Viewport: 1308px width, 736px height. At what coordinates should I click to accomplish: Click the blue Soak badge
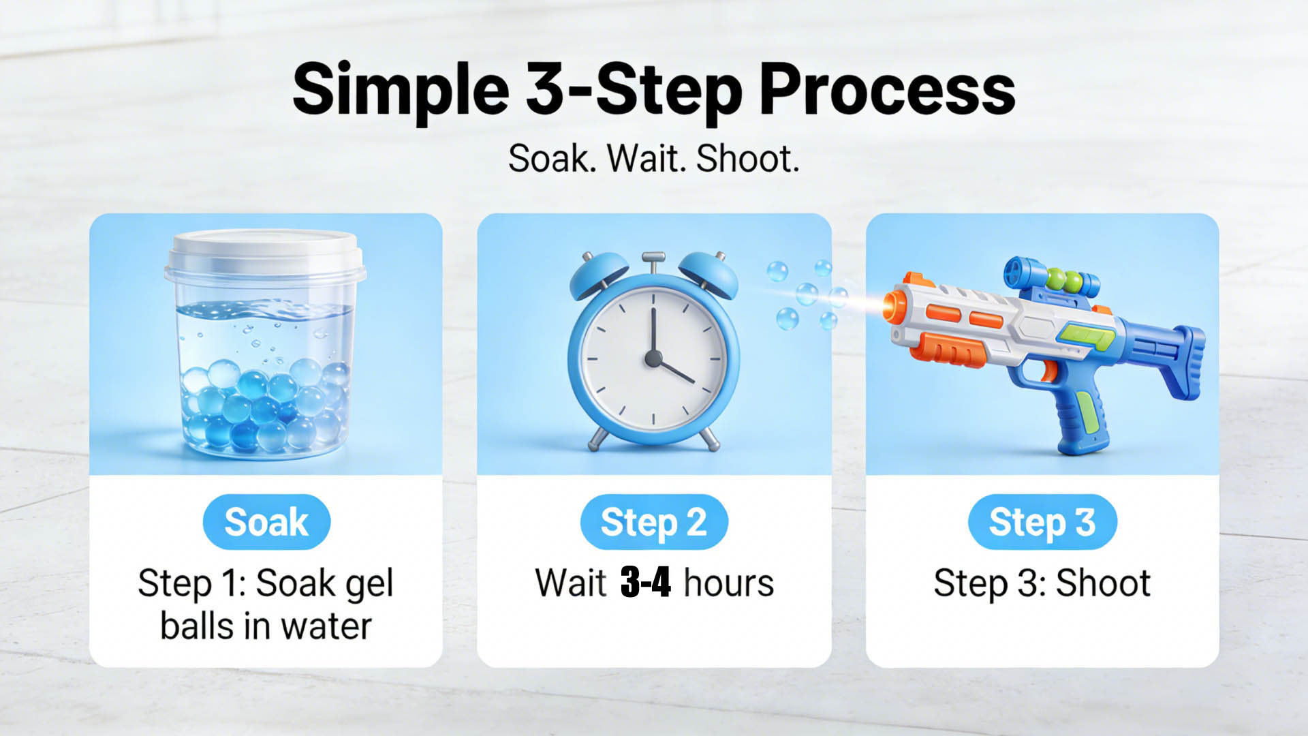click(x=266, y=522)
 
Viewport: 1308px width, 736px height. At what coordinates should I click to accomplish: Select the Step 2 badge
click(x=654, y=522)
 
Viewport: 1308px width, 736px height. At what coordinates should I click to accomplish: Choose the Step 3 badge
click(x=1042, y=522)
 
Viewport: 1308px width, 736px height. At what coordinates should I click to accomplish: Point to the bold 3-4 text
click(x=646, y=583)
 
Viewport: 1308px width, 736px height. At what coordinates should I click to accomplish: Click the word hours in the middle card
click(x=729, y=583)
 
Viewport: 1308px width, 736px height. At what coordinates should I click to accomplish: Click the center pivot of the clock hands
click(x=653, y=358)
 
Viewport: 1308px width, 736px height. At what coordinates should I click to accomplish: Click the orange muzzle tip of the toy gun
click(x=891, y=306)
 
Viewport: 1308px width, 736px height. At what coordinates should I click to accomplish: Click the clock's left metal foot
click(x=598, y=437)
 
